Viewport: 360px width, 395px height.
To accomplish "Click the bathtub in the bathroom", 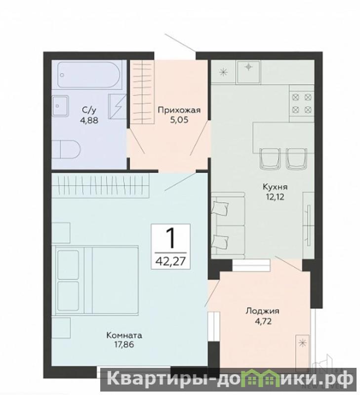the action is click(89, 75).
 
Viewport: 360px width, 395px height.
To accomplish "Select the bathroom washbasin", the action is click(60, 106).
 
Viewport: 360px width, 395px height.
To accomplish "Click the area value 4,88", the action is click(89, 120).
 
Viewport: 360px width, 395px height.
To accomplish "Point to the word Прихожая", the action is click(179, 110).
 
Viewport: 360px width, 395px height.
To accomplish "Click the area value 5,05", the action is click(179, 120).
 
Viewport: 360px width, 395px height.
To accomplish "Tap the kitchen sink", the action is click(248, 72).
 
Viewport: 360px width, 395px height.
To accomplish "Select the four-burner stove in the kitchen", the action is click(302, 104).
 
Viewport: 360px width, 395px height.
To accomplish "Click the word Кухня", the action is click(275, 187).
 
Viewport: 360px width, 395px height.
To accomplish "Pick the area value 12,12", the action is click(275, 197).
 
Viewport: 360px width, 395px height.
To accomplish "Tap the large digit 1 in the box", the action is click(170, 238).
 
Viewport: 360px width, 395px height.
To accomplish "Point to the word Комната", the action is click(124, 335).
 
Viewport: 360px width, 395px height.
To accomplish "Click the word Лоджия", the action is click(263, 312).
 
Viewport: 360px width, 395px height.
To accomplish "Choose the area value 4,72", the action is click(263, 321).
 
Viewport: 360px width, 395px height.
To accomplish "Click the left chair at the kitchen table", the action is click(270, 158).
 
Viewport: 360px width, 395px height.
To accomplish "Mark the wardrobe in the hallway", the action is click(142, 92).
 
